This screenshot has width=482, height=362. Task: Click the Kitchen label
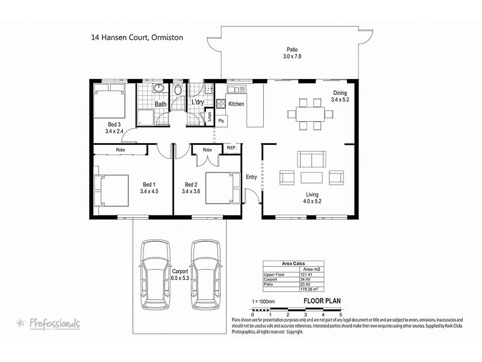pos(237,104)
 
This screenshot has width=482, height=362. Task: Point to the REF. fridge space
pos(232,148)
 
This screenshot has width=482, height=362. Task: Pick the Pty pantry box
pos(221,121)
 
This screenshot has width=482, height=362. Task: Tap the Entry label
pos(251,177)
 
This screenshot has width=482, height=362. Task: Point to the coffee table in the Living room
pos(311,177)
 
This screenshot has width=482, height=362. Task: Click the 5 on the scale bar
pos(340,314)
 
